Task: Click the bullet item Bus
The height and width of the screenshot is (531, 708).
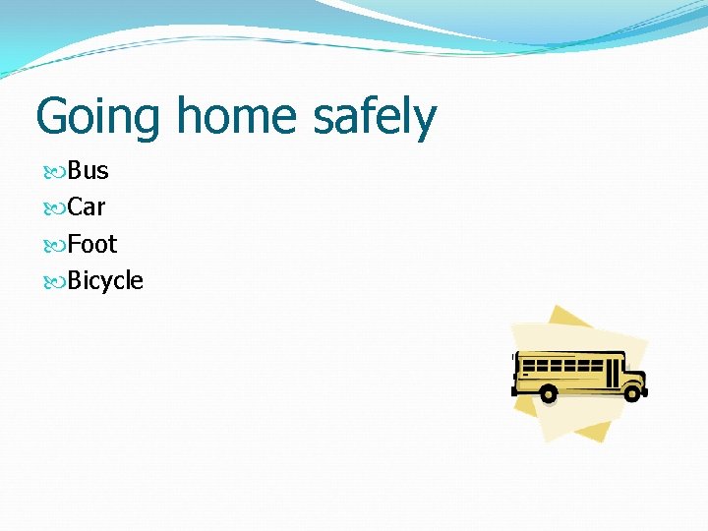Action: click(88, 170)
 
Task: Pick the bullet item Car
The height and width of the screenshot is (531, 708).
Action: click(86, 206)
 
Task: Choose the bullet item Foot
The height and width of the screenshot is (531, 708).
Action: click(91, 244)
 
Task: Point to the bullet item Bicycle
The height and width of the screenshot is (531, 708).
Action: click(105, 281)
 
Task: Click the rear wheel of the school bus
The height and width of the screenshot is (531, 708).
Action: click(548, 393)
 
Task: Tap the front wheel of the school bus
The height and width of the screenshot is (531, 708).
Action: click(631, 392)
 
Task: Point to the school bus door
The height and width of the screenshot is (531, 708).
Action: click(614, 372)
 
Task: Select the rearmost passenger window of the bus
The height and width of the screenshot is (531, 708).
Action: click(528, 363)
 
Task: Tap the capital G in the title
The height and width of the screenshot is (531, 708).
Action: click(52, 116)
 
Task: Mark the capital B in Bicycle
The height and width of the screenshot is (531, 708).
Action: click(75, 281)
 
